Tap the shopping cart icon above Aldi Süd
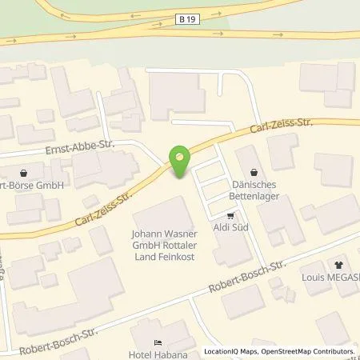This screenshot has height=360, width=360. pos(231,215)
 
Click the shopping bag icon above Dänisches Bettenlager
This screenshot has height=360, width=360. pos(254,170)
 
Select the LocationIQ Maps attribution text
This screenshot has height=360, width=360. pos(228,352)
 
